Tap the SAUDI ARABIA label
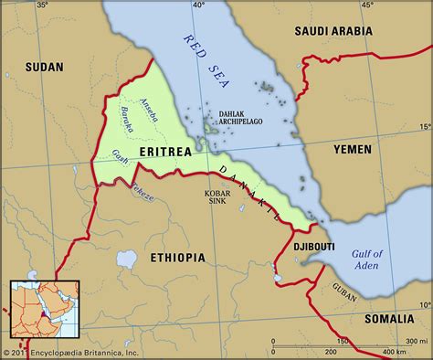click(333, 31)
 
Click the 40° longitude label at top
click(198, 6)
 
